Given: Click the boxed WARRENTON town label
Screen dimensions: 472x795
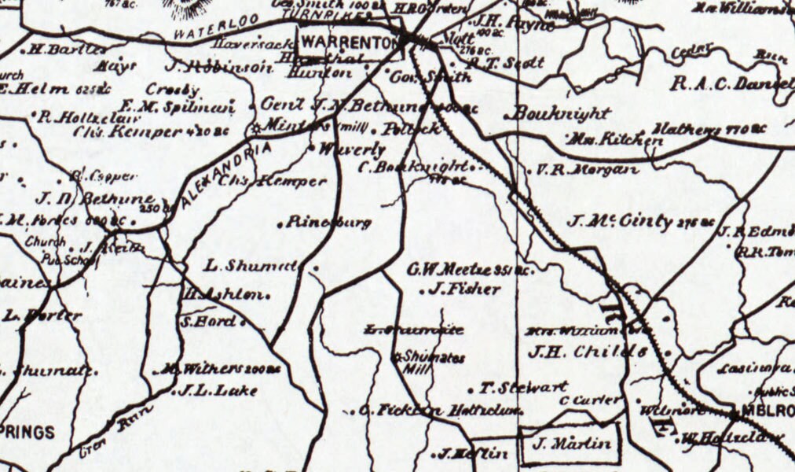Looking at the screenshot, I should coord(347,42).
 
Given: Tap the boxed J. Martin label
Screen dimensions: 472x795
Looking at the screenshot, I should coord(571,444).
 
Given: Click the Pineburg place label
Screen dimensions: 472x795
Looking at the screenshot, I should coord(328,223).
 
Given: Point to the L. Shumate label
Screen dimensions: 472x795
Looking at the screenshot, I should coord(250,266).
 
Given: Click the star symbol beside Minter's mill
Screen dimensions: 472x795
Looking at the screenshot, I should coord(255,127).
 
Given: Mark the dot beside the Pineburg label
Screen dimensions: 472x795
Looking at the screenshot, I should coord(280,225).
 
